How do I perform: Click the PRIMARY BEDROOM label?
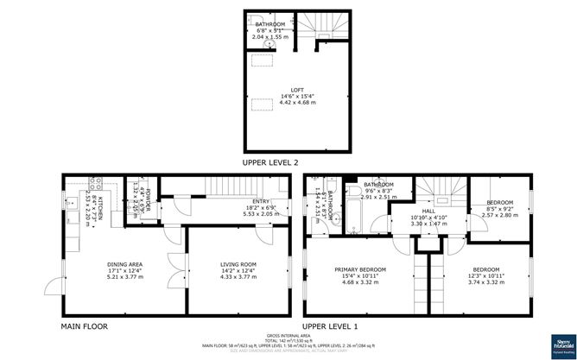[x=360, y=269]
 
